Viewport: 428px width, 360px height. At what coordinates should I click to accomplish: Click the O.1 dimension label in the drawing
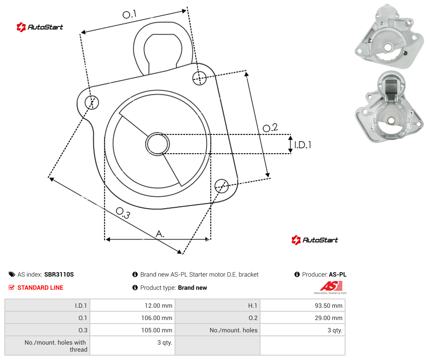pyautogui.click(x=129, y=14)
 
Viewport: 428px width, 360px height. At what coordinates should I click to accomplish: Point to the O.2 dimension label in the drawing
pyautogui.click(x=270, y=128)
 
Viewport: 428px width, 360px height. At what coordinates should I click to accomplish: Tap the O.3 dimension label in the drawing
pyautogui.click(x=123, y=213)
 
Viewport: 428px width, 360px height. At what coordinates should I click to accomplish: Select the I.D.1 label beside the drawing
pyautogui.click(x=303, y=145)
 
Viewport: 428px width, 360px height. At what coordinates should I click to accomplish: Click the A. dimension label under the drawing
pyautogui.click(x=160, y=234)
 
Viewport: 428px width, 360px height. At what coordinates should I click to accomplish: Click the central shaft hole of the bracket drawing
pyautogui.click(x=157, y=144)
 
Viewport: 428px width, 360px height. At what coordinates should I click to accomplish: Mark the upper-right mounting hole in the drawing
pyautogui.click(x=200, y=78)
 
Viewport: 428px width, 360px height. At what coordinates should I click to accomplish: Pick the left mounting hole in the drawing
pyautogui.click(x=92, y=102)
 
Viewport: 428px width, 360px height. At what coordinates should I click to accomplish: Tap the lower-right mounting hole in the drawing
pyautogui.click(x=221, y=186)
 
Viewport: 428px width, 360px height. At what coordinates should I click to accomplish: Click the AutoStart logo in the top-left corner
pyautogui.click(x=40, y=27)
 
